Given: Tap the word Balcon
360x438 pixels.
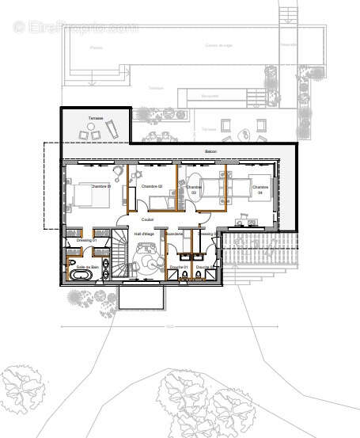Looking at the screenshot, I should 211,151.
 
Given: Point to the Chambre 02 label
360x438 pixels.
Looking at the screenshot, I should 151,186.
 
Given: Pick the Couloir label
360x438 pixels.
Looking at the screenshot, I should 147,219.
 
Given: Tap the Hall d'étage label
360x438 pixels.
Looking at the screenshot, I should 144,234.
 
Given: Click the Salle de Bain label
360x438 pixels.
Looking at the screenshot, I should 87,268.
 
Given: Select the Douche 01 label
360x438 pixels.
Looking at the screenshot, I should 178,268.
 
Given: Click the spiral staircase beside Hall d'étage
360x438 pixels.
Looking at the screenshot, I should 119,253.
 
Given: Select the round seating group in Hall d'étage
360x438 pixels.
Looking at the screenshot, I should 147,258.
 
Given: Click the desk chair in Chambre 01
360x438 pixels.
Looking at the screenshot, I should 118,170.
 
